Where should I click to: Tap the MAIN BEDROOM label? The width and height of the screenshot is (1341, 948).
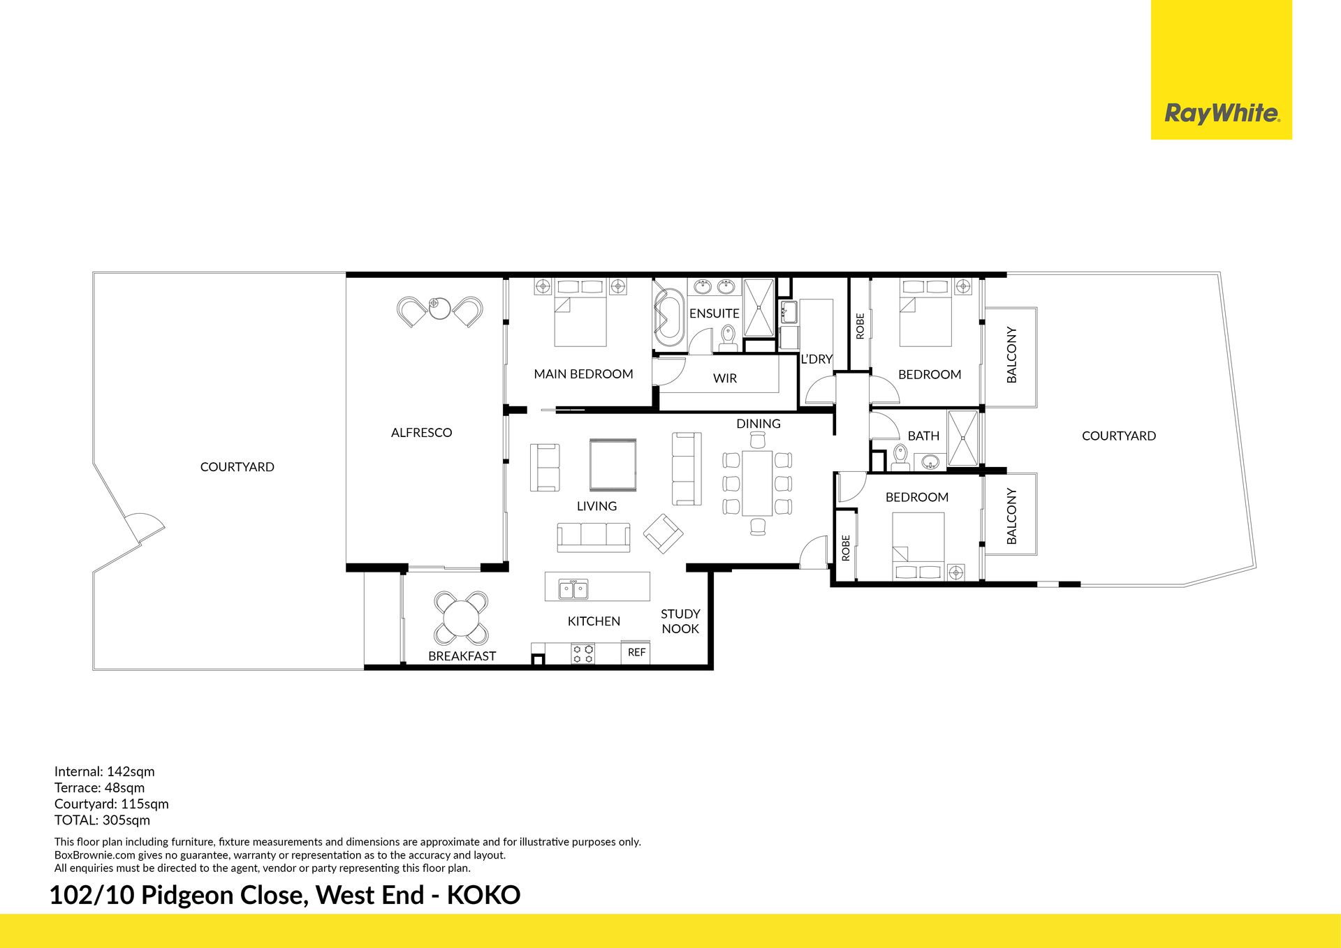point(583,374)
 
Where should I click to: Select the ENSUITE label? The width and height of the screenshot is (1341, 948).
point(714,313)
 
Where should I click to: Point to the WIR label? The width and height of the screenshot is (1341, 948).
point(725,378)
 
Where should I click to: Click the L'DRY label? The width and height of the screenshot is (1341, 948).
point(816,359)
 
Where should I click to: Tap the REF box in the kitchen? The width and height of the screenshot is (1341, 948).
point(636,652)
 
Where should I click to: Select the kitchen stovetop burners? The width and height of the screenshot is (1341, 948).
point(583,653)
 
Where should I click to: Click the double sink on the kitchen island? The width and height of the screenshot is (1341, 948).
point(573,589)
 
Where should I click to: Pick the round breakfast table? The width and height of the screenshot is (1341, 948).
point(461,618)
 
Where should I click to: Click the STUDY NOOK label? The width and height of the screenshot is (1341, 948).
point(680,621)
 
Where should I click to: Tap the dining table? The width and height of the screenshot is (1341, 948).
point(757,482)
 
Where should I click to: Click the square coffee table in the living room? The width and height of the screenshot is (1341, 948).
point(613,465)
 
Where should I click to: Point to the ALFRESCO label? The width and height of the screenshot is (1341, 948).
point(421,433)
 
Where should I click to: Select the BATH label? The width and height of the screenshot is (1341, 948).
point(923,436)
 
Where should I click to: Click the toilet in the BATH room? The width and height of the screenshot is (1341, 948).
point(899,457)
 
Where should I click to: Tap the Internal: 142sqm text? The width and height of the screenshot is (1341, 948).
point(105,771)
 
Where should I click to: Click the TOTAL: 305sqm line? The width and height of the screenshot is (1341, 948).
point(102,820)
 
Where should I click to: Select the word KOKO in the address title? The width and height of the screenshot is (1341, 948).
point(483,895)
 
